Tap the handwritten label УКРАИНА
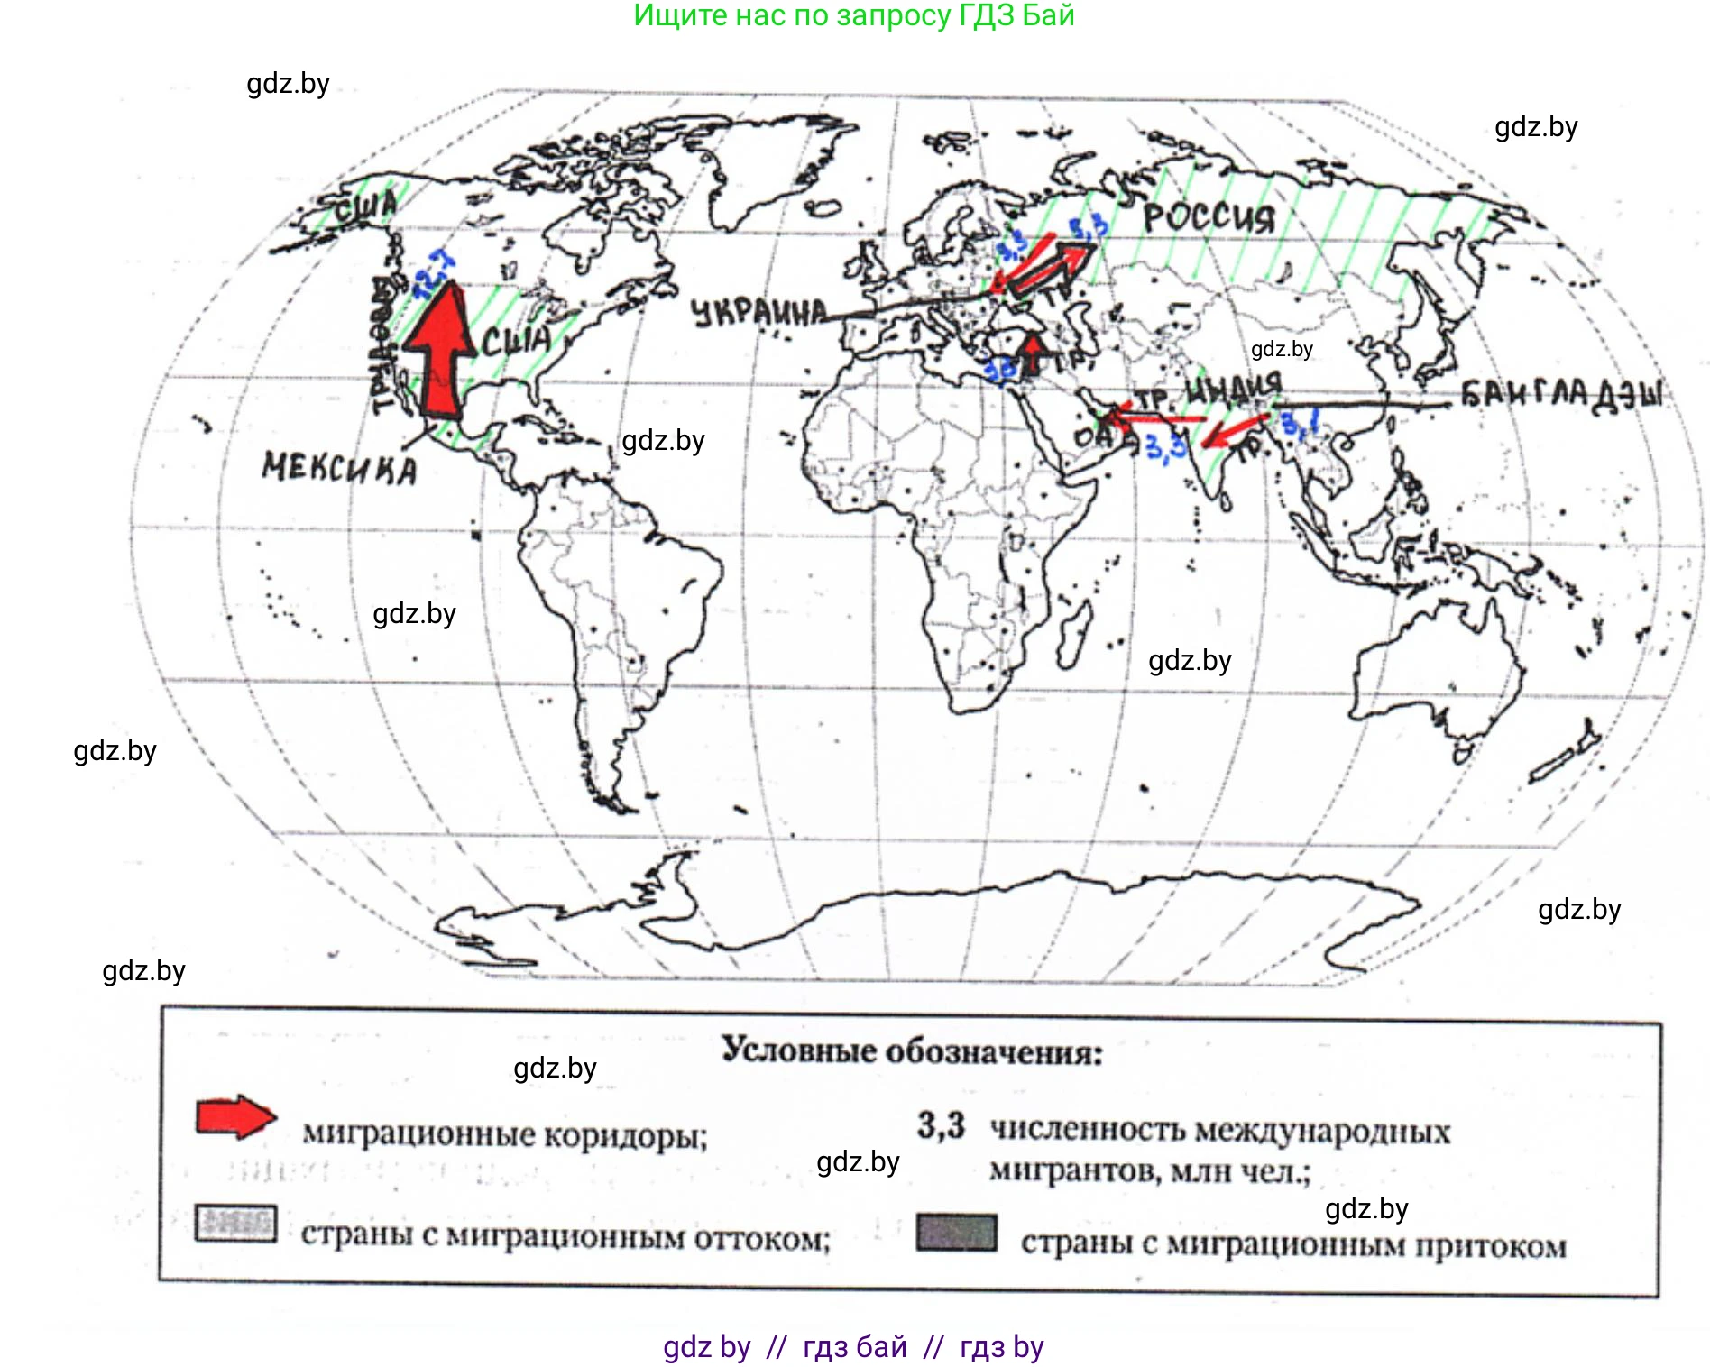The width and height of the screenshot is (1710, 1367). coord(758,313)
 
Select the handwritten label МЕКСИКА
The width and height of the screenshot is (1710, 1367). coord(340,468)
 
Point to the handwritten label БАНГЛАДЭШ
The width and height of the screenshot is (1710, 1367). coord(1561,395)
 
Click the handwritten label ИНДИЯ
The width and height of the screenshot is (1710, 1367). coord(1233,390)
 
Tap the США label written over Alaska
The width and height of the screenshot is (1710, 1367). coord(365,208)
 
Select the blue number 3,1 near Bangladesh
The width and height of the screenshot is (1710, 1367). coord(1300,422)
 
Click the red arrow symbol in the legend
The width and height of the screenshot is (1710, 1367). coord(235,1117)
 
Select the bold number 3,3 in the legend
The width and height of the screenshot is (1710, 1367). coord(941,1125)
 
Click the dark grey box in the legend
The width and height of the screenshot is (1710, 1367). coord(956,1233)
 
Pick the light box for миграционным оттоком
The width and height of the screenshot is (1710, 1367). coord(235,1224)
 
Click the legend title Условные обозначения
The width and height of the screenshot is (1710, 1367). coord(912,1051)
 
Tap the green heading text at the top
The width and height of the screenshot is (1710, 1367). coord(853,15)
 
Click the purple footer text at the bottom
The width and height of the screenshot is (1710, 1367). coord(853,1346)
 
